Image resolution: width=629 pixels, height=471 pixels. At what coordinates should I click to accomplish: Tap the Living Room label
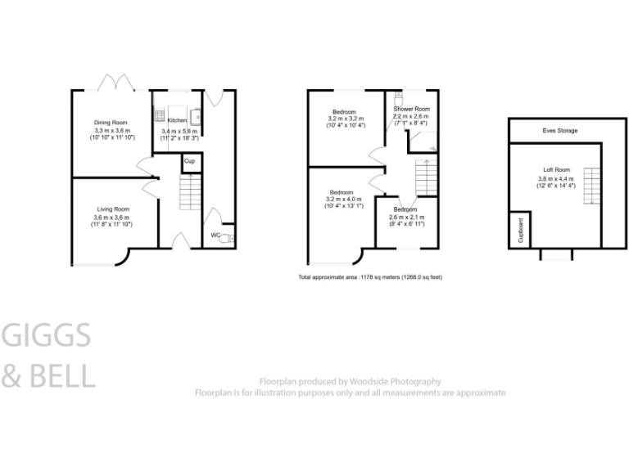point(111,209)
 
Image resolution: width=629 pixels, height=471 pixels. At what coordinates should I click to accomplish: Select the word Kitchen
point(178,120)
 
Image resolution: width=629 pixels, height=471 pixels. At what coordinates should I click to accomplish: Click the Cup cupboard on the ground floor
point(189,161)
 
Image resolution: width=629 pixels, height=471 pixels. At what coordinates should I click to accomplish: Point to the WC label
point(215,235)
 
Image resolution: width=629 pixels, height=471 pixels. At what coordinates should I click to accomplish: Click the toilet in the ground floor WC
point(229,238)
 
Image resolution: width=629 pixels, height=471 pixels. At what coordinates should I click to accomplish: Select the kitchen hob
point(160,114)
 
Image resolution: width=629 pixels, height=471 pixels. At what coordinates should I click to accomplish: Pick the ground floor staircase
point(189,194)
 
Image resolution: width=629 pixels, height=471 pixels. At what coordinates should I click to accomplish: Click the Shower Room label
point(411,109)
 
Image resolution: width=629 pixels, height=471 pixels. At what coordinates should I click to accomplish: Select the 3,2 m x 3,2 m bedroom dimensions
point(343,119)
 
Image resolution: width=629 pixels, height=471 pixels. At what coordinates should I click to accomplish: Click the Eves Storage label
point(559,131)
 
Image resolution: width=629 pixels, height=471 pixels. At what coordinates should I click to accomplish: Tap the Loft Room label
point(555,171)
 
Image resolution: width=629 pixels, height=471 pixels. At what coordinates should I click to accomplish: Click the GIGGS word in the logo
point(48,336)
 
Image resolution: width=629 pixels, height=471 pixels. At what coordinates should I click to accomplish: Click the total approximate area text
point(370,278)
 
